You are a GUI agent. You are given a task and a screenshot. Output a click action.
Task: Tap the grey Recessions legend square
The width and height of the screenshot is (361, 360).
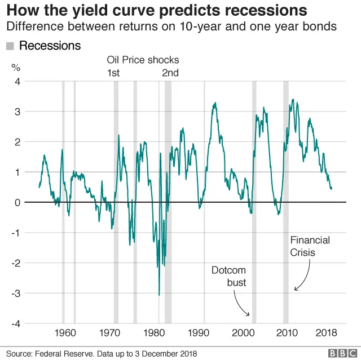coord(10,46)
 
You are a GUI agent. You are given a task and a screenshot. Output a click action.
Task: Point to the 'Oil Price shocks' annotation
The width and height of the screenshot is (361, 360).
coord(143,60)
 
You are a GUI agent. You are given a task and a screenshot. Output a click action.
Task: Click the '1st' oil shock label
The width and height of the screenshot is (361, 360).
coord(113,72)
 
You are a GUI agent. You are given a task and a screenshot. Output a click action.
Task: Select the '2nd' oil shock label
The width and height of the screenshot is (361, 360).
coord(170,72)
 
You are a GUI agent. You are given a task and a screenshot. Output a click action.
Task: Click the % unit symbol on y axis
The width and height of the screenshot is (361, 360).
coord(16,68)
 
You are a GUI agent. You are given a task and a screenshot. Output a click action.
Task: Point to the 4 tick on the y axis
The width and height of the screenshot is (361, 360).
coord(17,81)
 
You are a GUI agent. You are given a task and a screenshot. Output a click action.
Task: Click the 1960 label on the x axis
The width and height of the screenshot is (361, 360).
coord(67,332)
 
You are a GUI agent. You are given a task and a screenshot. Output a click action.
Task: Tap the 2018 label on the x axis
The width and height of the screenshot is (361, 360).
coord(328,332)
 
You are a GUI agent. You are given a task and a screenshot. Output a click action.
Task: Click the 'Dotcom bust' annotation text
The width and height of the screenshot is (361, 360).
coord(228,276)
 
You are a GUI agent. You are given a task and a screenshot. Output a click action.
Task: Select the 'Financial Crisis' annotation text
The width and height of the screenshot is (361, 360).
coord(310,246)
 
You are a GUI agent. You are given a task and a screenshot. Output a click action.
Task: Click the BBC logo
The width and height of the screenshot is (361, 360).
coord(340,353)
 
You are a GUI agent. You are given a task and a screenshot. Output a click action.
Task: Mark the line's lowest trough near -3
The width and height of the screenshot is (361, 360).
coord(159,294)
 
